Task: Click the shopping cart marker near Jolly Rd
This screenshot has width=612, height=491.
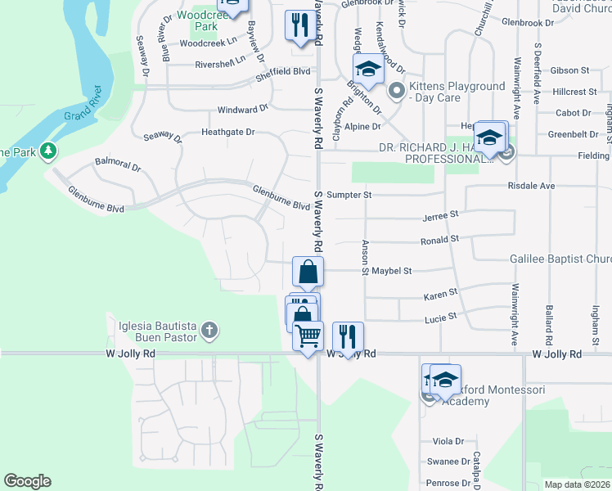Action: point(308,336)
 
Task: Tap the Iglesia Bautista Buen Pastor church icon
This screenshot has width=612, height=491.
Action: point(209,331)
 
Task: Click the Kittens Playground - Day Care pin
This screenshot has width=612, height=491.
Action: point(397,91)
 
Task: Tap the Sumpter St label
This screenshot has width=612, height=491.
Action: point(349,196)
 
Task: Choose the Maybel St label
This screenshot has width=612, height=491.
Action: point(391,271)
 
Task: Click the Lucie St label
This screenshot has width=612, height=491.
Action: point(440,316)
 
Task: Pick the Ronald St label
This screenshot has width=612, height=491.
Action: point(440,241)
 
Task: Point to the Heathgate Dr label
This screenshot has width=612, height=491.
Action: point(228,132)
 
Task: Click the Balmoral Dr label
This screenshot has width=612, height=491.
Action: point(118,163)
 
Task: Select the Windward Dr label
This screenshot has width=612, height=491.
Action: point(242,109)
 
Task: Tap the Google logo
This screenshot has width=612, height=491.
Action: point(27,481)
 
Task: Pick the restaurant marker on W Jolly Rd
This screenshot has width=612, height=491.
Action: point(348,336)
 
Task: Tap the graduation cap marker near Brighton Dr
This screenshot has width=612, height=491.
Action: point(368,70)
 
